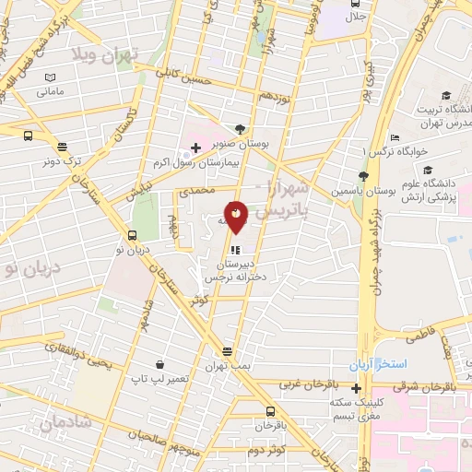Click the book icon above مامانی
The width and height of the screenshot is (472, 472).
(51, 78)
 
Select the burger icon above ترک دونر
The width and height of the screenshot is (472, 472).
(63, 147)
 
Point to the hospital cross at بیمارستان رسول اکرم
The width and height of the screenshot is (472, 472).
(195, 147)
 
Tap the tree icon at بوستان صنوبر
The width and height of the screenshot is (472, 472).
(240, 129)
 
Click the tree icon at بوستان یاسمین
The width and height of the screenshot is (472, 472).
(363, 175)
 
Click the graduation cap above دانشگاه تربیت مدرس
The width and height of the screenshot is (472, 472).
(446, 96)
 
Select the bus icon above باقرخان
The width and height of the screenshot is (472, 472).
(270, 411)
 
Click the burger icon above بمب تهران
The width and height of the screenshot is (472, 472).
(228, 351)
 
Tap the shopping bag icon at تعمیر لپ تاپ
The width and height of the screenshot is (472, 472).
(160, 364)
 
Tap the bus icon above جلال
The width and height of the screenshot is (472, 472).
(355, 3)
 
